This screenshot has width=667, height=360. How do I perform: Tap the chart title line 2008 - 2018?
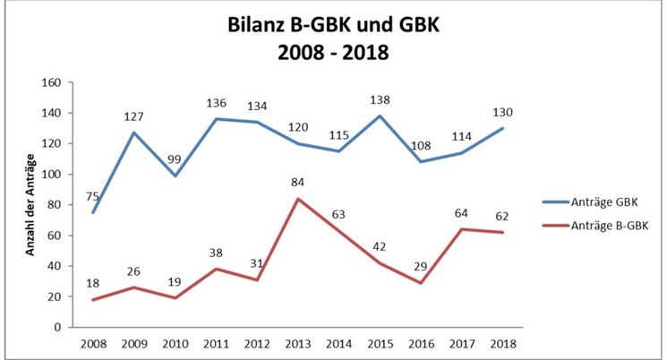click(x=334, y=52)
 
